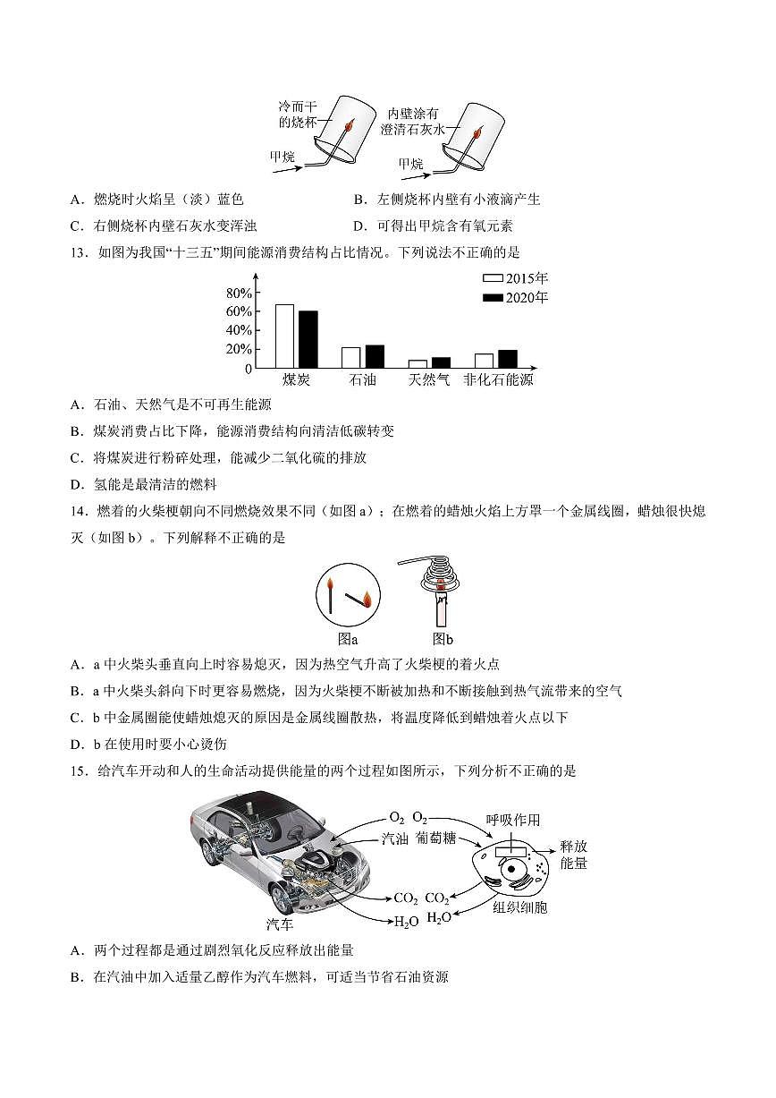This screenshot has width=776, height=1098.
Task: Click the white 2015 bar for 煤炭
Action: [284, 336]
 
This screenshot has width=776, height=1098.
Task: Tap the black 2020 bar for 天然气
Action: [441, 362]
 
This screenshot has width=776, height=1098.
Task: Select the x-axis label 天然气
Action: [429, 380]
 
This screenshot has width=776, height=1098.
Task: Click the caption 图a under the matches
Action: [348, 639]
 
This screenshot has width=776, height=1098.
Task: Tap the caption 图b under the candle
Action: [443, 639]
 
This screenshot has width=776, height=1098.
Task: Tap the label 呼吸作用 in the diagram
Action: [513, 820]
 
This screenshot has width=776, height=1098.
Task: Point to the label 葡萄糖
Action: [436, 838]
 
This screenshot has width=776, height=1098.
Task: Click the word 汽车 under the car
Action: [280, 923]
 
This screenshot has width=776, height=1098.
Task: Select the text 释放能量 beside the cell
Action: [573, 854]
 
